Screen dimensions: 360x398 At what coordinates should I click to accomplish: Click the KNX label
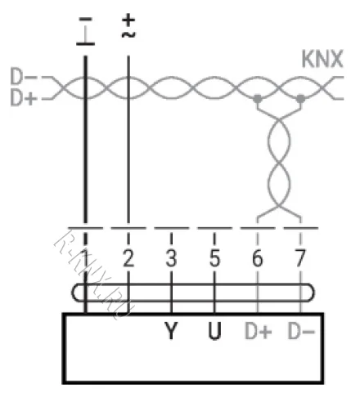[x=322, y=59]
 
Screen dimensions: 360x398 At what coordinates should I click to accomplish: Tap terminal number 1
[x=86, y=257]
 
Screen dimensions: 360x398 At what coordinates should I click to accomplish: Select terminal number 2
[x=128, y=257]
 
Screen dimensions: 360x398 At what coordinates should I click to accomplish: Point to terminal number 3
[x=171, y=257]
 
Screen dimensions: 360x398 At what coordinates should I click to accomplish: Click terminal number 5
[x=214, y=257]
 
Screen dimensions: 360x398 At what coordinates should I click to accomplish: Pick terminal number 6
[x=258, y=257]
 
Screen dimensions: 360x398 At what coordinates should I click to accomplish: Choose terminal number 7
[x=300, y=257]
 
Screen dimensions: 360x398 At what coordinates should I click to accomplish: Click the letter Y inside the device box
[x=171, y=331]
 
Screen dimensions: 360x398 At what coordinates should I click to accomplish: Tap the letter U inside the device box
[x=214, y=331]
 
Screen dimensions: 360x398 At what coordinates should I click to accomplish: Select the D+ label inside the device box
[x=259, y=331]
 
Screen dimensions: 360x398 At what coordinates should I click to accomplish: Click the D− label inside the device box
[x=301, y=331]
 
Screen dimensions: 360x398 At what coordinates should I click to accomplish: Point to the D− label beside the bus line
[x=24, y=76]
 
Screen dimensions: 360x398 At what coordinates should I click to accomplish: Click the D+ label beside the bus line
[x=24, y=97]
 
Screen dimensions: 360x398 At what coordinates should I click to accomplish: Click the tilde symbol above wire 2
[x=128, y=34]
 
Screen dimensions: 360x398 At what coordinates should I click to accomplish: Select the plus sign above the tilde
[x=128, y=20]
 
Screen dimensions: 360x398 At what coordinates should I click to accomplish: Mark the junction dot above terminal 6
[x=258, y=98]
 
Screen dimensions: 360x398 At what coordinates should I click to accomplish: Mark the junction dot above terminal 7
[x=300, y=98]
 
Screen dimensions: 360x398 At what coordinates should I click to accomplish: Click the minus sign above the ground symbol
[x=85, y=19]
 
